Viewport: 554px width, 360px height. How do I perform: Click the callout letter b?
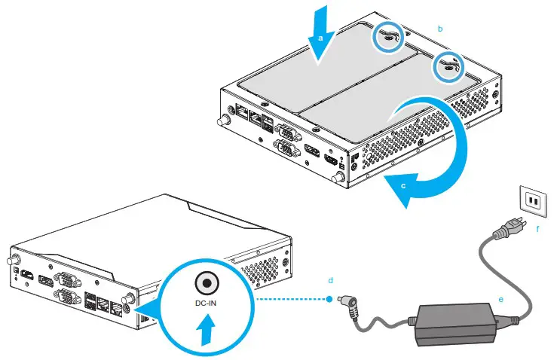tap(440, 28)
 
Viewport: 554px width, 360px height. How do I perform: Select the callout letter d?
tap(330, 279)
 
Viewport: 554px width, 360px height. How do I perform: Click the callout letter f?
tap(537, 229)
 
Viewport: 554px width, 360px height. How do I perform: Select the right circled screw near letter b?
tap(448, 67)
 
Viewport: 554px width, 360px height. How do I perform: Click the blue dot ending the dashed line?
tap(331, 298)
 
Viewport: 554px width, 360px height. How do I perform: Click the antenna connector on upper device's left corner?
tap(223, 121)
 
